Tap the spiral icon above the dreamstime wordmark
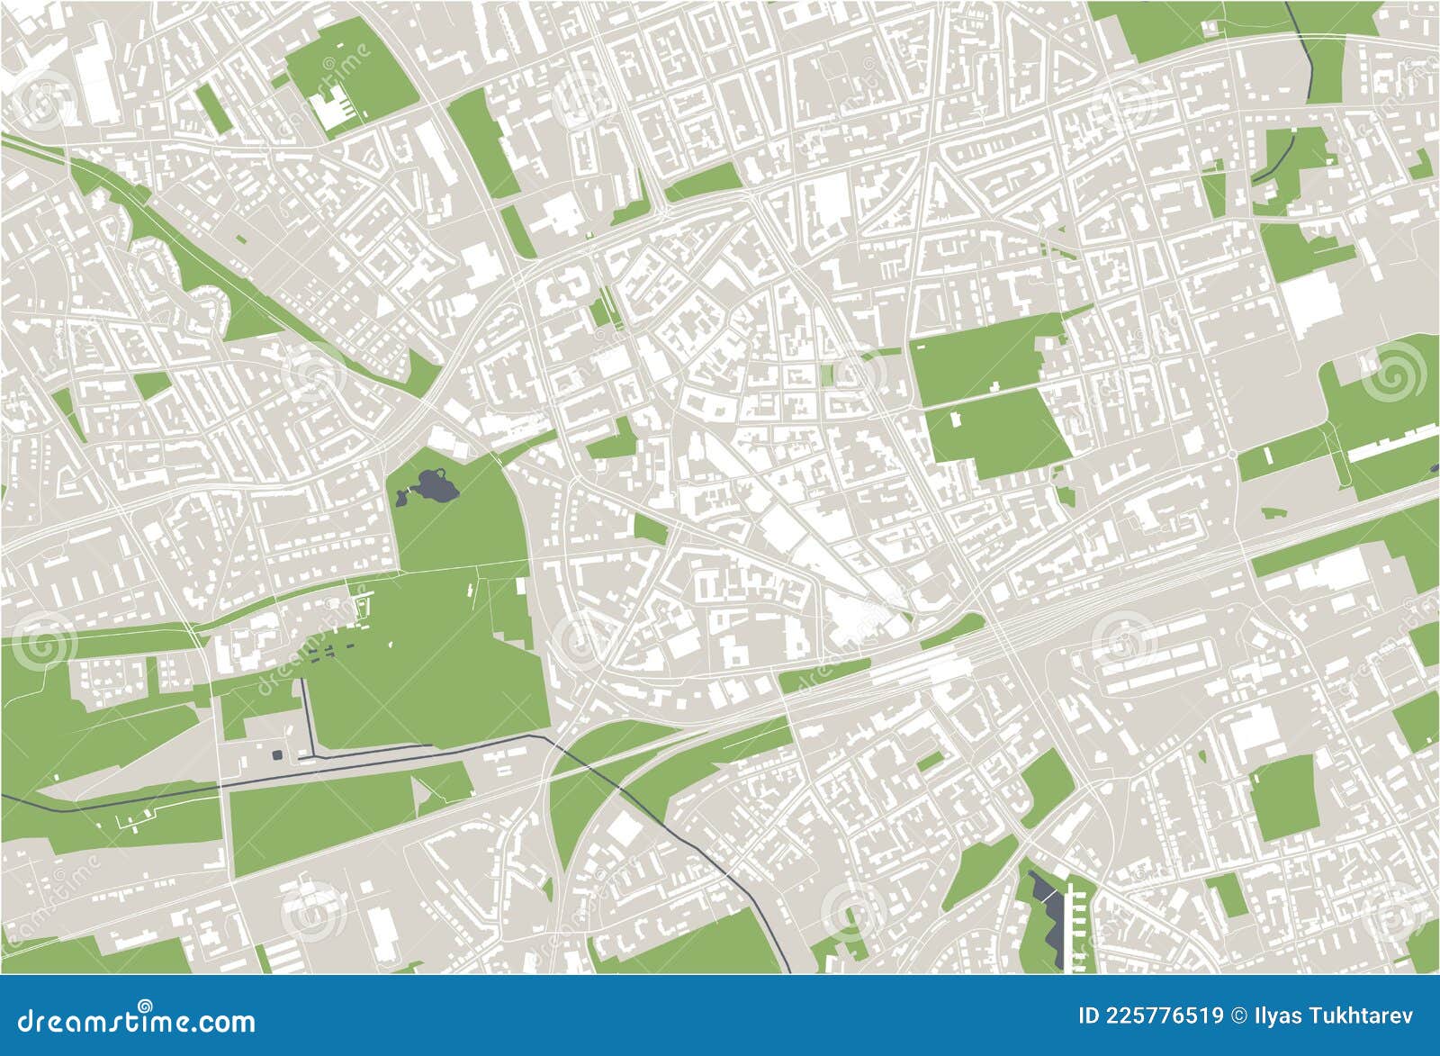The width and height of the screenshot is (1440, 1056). pyautogui.click(x=144, y=1002)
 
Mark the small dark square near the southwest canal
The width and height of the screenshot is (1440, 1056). pyautogui.click(x=276, y=754)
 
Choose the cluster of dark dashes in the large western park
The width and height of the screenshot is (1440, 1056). pyautogui.click(x=333, y=645)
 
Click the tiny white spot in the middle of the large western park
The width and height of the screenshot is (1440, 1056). pyautogui.click(x=393, y=645)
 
